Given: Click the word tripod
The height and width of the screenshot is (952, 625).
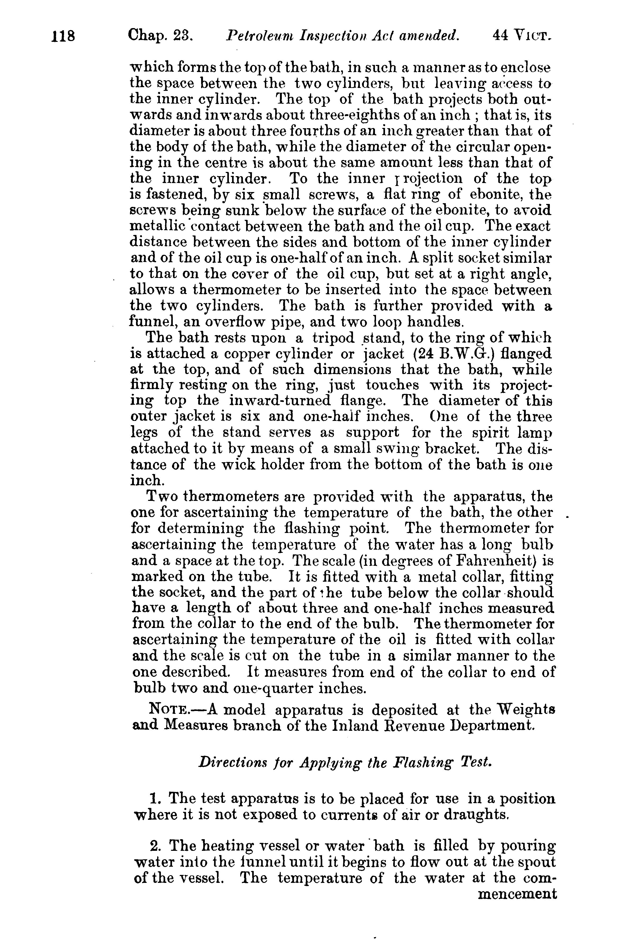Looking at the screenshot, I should tap(333, 338).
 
